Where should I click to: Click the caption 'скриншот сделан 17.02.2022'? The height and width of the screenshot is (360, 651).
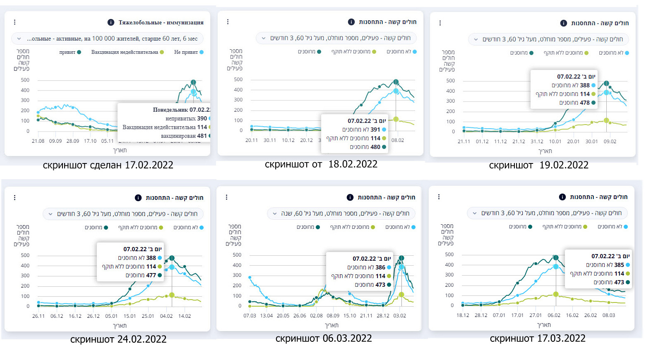click(x=108, y=165)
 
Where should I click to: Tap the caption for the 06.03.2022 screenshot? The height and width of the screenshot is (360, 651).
click(x=324, y=338)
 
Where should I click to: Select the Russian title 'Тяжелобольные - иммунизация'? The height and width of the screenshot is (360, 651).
click(x=161, y=22)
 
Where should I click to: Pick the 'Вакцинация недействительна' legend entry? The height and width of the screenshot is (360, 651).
click(x=125, y=52)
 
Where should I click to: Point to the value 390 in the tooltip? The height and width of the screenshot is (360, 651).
click(x=202, y=118)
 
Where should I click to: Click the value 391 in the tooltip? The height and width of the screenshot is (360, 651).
click(x=375, y=130)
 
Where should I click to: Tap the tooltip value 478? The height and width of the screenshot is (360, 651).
click(x=584, y=103)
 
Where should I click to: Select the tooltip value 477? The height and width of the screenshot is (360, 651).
click(x=151, y=275)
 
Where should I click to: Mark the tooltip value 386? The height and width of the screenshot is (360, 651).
click(x=380, y=267)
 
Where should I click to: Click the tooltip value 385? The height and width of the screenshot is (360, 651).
click(x=619, y=265)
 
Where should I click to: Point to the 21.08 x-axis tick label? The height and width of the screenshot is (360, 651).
click(x=38, y=141)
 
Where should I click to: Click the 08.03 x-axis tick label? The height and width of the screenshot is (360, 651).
click(x=608, y=315)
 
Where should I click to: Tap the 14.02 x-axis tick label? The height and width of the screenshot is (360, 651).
click(x=185, y=316)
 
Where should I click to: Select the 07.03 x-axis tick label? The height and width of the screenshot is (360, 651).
click(x=250, y=316)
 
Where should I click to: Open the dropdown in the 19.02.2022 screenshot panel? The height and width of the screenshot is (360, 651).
click(x=549, y=39)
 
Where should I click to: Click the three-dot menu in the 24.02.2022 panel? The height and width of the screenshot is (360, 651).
click(x=14, y=198)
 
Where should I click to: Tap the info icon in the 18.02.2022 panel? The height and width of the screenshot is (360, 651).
click(x=351, y=22)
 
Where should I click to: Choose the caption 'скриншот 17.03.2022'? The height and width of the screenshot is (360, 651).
click(x=538, y=338)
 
